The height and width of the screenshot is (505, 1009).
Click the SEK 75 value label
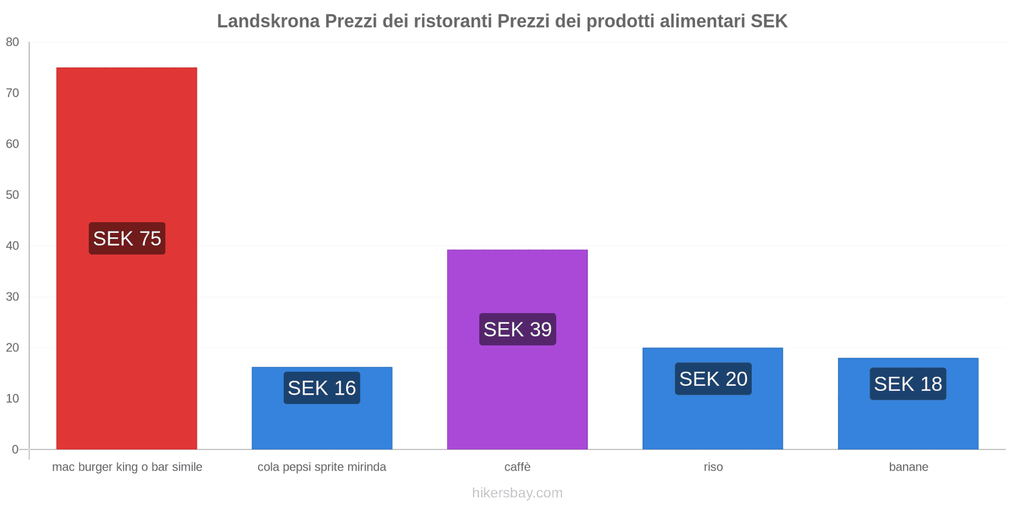(x=127, y=239)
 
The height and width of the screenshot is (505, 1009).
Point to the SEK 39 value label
(x=517, y=330)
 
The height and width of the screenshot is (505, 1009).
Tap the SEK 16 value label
(x=322, y=388)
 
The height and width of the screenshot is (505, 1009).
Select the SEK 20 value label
(x=713, y=379)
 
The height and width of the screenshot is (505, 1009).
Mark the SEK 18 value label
(x=907, y=384)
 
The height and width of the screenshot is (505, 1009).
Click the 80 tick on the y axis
(x=13, y=42)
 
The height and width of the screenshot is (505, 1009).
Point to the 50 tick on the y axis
(x=13, y=195)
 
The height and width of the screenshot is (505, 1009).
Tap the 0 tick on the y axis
(x=15, y=449)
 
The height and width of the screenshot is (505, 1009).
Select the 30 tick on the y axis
(x=13, y=297)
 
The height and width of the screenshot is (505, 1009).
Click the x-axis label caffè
(x=517, y=467)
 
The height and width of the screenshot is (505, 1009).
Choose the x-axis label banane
(x=908, y=467)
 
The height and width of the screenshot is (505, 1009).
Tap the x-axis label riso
(x=713, y=467)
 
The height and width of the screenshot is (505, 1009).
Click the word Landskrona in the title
(x=268, y=21)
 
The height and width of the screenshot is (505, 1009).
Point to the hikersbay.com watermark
(x=517, y=493)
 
